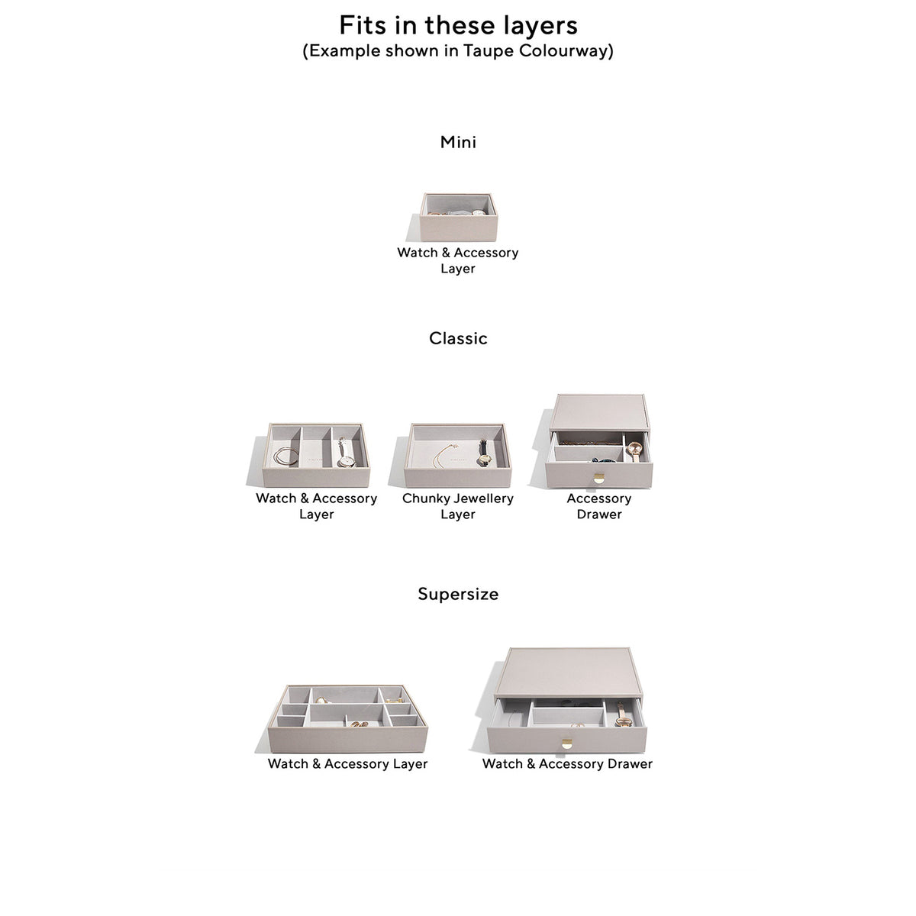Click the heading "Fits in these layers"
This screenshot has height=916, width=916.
458,25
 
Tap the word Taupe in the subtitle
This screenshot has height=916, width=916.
489,51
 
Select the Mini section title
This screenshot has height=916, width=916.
458,142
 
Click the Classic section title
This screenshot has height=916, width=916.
458,338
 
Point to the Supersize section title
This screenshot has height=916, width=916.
458,594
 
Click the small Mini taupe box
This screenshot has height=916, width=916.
458,217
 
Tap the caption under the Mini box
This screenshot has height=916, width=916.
458,260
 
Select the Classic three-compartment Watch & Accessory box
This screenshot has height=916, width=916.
316,455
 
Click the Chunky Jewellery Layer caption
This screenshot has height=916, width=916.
458,506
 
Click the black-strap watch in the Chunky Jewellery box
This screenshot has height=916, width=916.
484,452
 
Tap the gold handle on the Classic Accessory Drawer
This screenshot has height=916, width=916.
599,479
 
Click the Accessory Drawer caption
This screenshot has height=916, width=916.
599,506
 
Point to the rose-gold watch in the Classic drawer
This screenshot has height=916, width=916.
634,450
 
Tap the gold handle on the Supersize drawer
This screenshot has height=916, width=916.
566,744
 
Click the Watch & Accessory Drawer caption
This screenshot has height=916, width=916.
567,764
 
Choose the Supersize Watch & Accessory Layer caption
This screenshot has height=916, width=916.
347,764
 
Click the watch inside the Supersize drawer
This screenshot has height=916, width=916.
622,716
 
